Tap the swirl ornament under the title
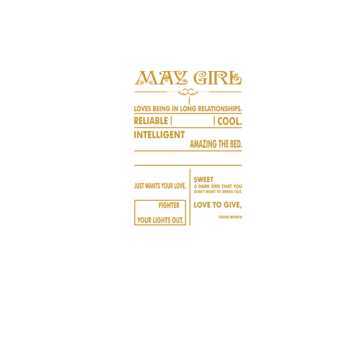click(188, 92)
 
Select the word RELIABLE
click(151, 121)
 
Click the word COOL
click(230, 122)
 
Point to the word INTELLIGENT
click(160, 135)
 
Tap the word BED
click(236, 144)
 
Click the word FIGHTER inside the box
click(169, 205)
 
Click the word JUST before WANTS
click(139, 186)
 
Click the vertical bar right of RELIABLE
click(171, 121)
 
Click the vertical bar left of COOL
click(214, 121)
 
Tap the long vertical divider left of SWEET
click(190, 197)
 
